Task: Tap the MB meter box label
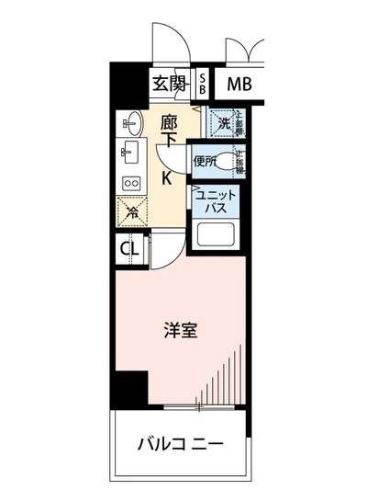click(x=241, y=85)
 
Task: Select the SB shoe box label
click(x=204, y=85)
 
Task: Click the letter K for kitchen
click(x=169, y=177)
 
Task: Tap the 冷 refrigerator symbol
click(x=132, y=212)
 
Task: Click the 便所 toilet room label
click(x=204, y=161)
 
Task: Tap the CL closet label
click(x=129, y=247)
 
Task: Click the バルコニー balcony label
click(x=181, y=445)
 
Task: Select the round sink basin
click(x=131, y=121)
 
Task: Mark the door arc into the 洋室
click(x=169, y=249)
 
